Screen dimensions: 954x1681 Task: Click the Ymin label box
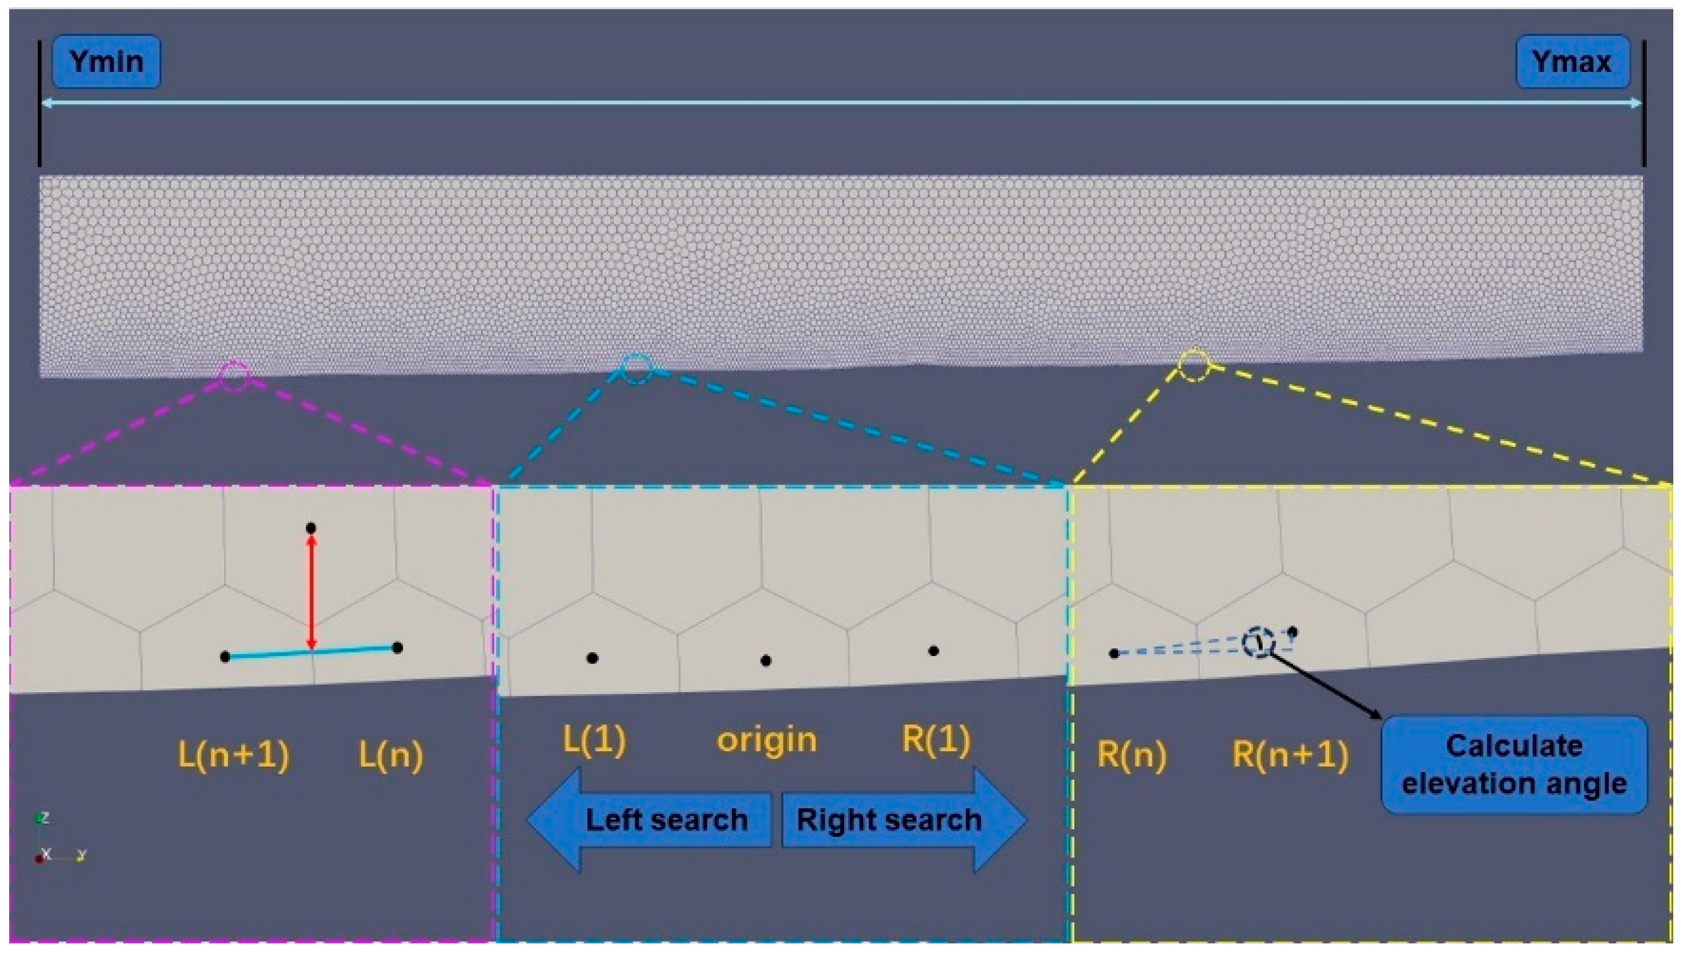click(x=106, y=62)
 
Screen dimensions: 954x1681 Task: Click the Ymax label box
click(x=1572, y=62)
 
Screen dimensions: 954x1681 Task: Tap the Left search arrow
click(x=648, y=820)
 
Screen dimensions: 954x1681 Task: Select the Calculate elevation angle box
click(x=1513, y=765)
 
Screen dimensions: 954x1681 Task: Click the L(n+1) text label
click(x=233, y=755)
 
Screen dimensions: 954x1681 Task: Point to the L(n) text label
click(x=390, y=755)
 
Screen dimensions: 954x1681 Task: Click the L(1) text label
click(x=593, y=740)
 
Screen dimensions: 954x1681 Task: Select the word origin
click(x=767, y=740)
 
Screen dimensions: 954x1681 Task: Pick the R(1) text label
click(x=936, y=740)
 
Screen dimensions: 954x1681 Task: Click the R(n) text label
click(x=1131, y=755)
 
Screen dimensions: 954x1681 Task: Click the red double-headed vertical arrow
click(x=312, y=593)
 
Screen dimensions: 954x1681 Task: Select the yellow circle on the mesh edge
click(x=1194, y=365)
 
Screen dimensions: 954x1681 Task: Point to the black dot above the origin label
click(x=766, y=660)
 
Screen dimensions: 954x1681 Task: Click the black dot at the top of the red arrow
click(x=311, y=528)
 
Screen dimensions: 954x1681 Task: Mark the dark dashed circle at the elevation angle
click(x=1258, y=643)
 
